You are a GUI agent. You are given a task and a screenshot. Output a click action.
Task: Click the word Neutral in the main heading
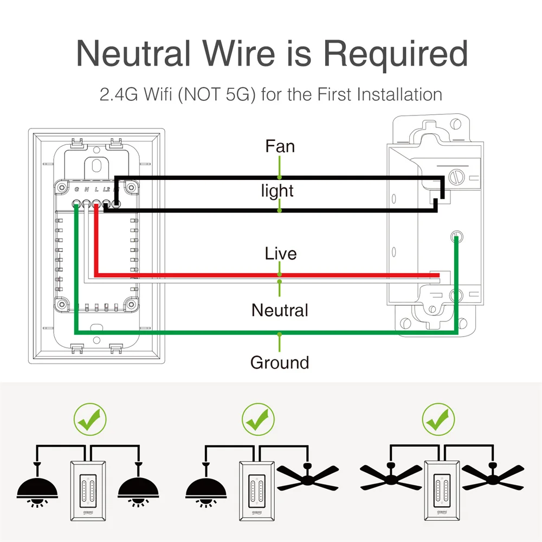(133, 53)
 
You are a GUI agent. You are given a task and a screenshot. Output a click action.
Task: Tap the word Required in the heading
(395, 53)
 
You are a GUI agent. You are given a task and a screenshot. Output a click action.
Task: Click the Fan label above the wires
(280, 146)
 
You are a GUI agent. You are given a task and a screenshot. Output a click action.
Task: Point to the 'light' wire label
(277, 190)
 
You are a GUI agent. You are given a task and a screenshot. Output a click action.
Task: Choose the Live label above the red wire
(280, 253)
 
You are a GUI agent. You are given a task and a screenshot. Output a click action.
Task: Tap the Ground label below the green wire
(280, 362)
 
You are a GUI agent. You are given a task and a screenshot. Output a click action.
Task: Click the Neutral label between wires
(280, 310)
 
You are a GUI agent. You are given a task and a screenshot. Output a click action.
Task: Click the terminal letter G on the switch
(77, 189)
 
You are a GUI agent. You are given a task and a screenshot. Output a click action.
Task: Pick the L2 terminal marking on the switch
(106, 189)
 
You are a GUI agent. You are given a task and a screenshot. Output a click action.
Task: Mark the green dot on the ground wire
(280, 334)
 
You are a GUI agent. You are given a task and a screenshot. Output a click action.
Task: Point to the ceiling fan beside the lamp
(306, 477)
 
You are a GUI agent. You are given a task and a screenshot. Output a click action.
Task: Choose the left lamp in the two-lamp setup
(38, 485)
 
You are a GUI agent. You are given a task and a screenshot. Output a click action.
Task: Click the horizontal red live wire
(271, 275)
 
